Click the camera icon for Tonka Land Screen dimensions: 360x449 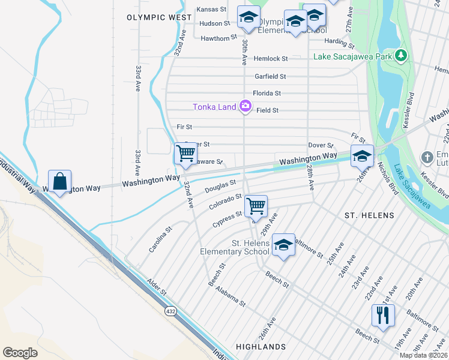245,107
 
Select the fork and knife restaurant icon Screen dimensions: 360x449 382,314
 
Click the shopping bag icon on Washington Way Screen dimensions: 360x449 59,181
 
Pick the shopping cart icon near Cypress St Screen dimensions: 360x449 256,206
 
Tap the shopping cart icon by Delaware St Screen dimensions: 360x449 185,154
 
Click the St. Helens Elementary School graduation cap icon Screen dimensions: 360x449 283,244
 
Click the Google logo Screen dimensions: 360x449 20,352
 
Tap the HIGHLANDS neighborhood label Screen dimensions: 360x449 261,347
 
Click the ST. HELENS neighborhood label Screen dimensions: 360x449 369,215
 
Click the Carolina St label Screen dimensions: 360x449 160,238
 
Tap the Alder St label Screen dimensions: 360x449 157,287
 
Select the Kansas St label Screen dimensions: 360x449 211,10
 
